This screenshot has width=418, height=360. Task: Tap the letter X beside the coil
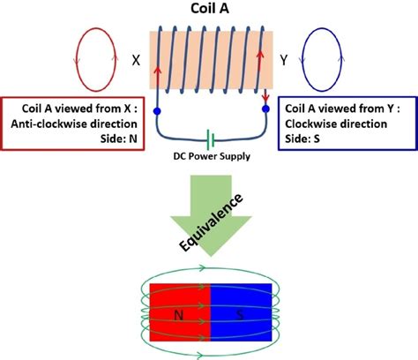coord(136,61)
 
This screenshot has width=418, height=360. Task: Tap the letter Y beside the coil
coord(284,61)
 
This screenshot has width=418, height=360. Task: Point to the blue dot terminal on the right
coord(265,109)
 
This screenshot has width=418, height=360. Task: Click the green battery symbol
coord(210,140)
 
